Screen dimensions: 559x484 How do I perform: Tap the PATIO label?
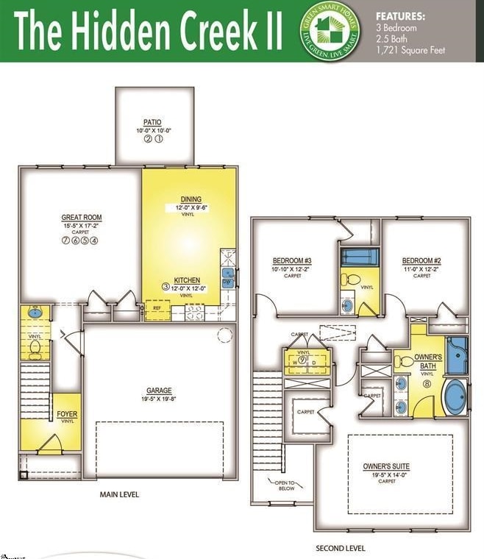tap(152, 123)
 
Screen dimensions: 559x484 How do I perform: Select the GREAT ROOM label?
tap(82, 218)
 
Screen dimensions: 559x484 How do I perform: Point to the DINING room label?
tap(191, 199)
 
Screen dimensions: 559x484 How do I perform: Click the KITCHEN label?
tap(187, 280)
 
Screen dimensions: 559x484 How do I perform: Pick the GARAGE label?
tap(158, 391)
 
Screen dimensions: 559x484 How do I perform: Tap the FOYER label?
tap(67, 415)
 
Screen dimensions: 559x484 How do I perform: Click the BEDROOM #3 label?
tap(292, 261)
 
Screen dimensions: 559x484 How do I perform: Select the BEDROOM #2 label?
tap(421, 261)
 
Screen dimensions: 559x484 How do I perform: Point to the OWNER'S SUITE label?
tap(386, 466)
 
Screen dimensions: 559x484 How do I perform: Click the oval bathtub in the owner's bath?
tap(455, 397)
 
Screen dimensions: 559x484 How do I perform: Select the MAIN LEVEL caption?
tap(119, 494)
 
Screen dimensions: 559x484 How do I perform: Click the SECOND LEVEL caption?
tap(341, 548)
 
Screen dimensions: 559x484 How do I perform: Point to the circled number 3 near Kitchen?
tap(166, 287)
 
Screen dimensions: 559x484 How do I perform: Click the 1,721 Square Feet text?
tap(410, 51)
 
